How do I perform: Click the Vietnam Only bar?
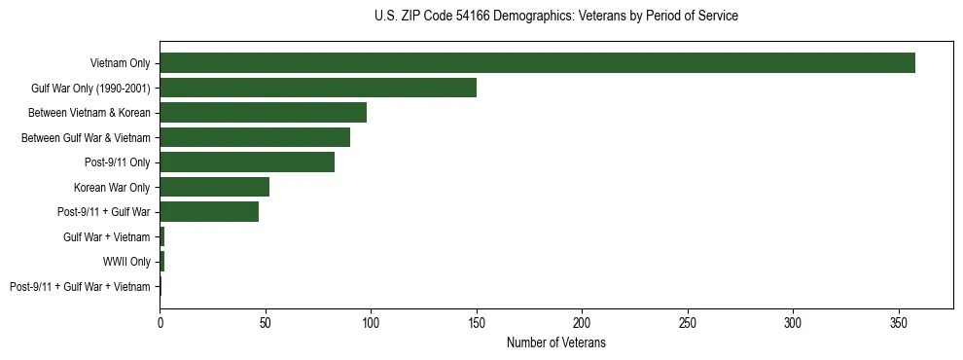point(537,63)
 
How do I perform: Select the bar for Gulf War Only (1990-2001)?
point(318,88)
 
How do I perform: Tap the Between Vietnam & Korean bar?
point(263,113)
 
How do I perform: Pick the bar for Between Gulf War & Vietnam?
point(255,137)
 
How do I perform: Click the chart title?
point(555,17)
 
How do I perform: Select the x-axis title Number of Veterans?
point(555,342)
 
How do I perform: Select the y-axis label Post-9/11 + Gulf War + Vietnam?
point(80,287)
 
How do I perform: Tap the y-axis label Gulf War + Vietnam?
point(107,237)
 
